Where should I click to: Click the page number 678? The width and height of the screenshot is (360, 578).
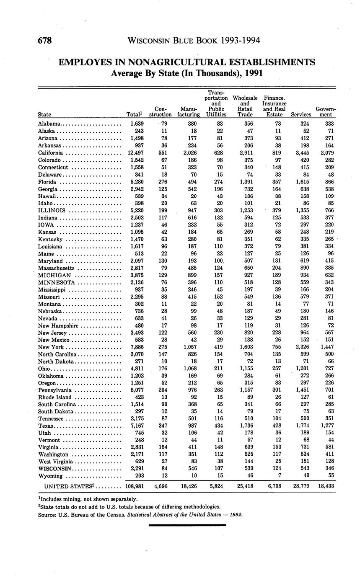pyautogui.click(x=44, y=41)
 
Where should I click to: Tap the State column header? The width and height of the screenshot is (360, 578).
pyautogui.click(x=44, y=114)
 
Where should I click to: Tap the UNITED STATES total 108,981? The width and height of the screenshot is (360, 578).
pyautogui.click(x=135, y=486)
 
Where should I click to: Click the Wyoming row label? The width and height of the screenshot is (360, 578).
pyautogui.click(x=50, y=476)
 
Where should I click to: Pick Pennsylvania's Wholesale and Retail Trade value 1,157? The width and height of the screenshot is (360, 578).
pyautogui.click(x=245, y=390)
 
